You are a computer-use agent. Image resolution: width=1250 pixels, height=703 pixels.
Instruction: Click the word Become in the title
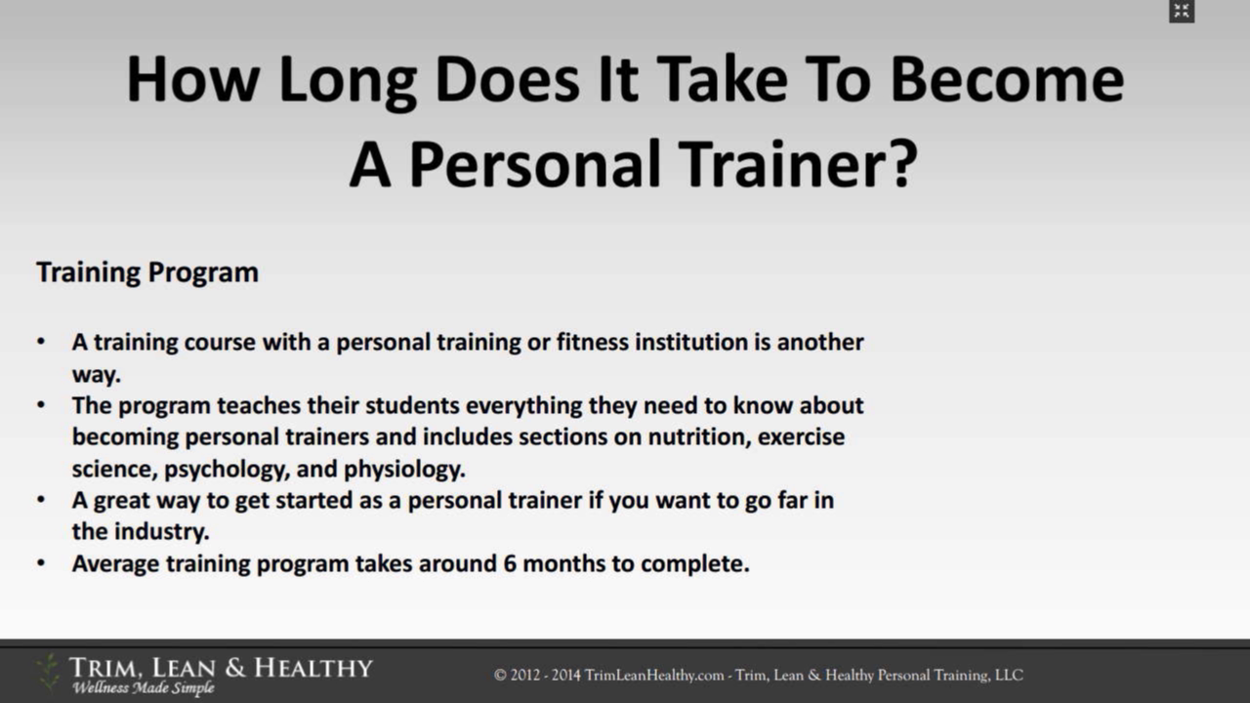(x=1007, y=79)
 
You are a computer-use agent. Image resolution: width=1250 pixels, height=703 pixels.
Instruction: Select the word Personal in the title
(x=536, y=165)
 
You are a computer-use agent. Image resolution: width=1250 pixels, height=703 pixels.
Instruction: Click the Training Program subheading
(x=147, y=272)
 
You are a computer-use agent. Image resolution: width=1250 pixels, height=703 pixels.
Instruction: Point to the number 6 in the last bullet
(x=510, y=563)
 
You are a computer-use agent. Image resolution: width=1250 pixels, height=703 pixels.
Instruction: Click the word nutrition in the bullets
(x=698, y=436)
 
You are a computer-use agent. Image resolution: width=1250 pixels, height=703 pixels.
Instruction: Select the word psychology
(x=228, y=470)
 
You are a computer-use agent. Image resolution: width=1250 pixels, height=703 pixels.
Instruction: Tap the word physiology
(x=404, y=470)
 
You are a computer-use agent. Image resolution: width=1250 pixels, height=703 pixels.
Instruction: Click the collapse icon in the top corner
(x=1182, y=11)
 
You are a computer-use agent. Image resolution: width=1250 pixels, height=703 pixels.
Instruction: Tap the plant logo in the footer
(x=48, y=674)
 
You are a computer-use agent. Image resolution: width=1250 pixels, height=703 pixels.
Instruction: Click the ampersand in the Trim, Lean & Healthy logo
(x=235, y=667)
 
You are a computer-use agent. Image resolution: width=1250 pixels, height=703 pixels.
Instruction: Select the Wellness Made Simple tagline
(x=144, y=688)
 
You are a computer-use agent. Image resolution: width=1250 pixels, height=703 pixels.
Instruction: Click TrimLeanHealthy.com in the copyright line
(x=654, y=675)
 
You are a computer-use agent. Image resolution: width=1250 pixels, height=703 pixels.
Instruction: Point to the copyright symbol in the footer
(x=500, y=675)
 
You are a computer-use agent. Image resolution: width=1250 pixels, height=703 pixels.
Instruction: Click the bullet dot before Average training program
(x=41, y=563)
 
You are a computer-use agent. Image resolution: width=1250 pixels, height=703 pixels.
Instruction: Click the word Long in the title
(x=348, y=81)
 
